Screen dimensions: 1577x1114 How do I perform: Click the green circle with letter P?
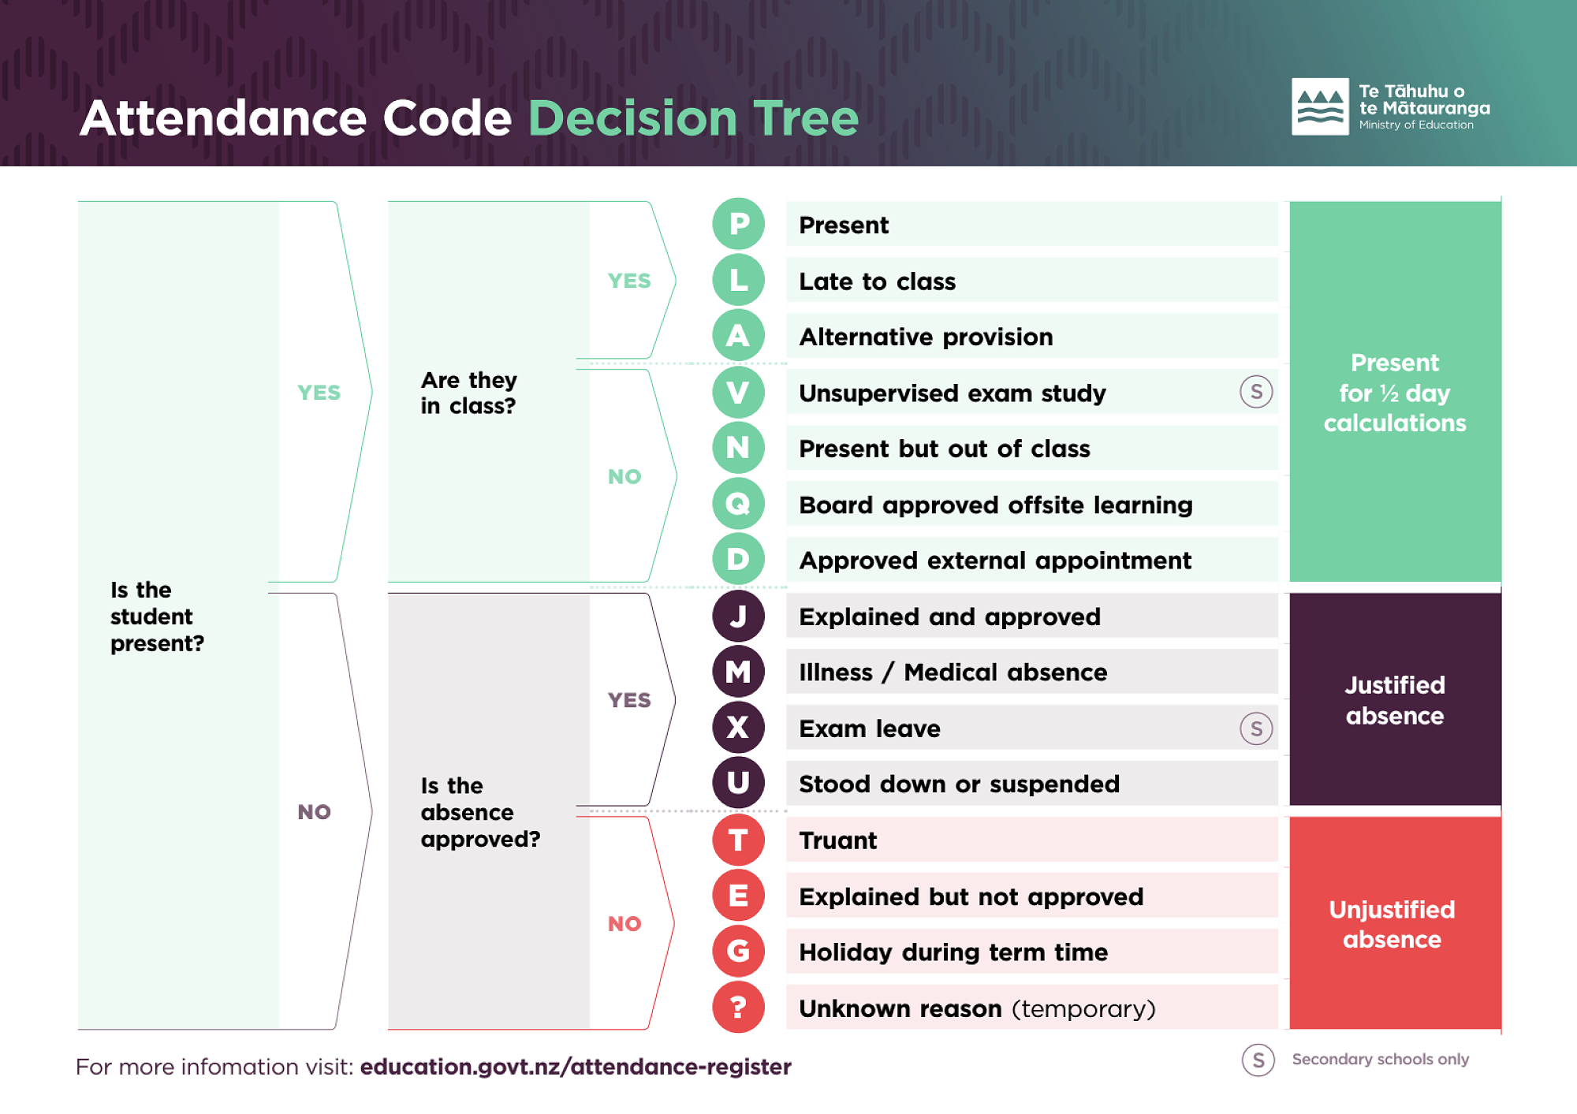tap(738, 224)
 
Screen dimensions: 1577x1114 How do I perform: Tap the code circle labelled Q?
tap(738, 503)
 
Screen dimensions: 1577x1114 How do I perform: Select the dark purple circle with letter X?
tap(738, 727)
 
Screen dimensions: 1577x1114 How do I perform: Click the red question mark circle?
tap(738, 1007)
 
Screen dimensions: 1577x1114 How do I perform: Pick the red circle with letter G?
tap(738, 951)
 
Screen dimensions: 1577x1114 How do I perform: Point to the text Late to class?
tap(877, 281)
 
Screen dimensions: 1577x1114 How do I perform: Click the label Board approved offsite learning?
tap(996, 505)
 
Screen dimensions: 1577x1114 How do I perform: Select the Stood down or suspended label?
tap(959, 784)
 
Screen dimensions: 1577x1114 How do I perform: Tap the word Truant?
tap(837, 840)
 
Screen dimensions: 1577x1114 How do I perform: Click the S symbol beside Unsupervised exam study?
tap(1256, 392)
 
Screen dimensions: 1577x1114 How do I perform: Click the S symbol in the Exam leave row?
tap(1256, 728)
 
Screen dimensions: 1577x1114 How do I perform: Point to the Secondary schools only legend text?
tap(1380, 1060)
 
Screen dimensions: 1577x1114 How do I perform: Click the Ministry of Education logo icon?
tap(1320, 106)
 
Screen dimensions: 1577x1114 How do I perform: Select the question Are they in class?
tap(468, 393)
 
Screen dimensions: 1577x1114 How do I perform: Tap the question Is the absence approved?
tap(480, 812)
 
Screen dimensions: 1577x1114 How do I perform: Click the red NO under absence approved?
tap(624, 923)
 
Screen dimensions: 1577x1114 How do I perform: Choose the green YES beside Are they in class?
tap(629, 281)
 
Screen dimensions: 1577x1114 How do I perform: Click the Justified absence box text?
tap(1395, 700)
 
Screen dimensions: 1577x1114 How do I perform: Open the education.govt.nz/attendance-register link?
tap(576, 1067)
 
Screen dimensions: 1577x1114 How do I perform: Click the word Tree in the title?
tap(805, 118)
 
